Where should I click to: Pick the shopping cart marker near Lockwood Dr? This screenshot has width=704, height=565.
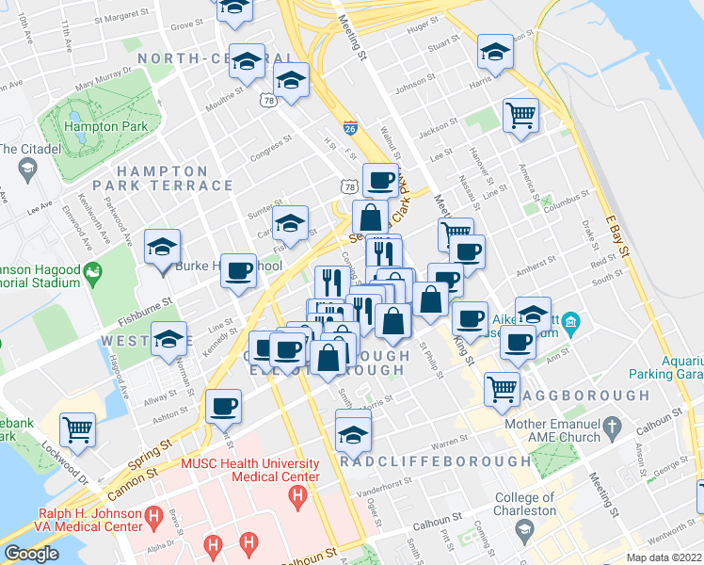pos(78,429)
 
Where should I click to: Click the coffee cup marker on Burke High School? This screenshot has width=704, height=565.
pos(238,270)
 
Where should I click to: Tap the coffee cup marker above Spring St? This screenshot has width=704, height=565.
pos(223,406)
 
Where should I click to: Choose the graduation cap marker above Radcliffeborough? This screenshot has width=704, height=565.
pos(353,434)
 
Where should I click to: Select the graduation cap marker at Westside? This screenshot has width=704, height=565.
pos(169,340)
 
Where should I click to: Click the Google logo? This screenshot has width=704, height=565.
pos(31,554)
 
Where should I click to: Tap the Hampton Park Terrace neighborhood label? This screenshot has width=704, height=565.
pos(174,178)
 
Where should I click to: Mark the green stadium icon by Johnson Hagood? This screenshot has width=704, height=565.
pos(92,274)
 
